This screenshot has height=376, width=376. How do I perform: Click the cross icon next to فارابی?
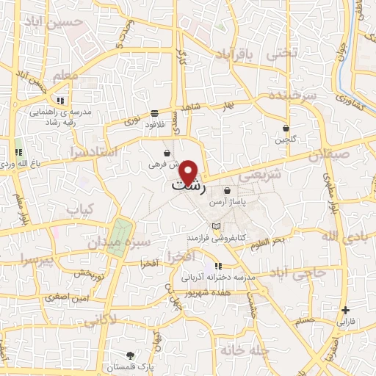(346, 310)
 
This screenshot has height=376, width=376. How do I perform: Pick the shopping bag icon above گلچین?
(286, 128)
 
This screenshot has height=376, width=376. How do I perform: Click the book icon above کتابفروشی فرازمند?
(215, 225)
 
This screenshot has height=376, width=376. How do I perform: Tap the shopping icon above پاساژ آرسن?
(227, 190)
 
